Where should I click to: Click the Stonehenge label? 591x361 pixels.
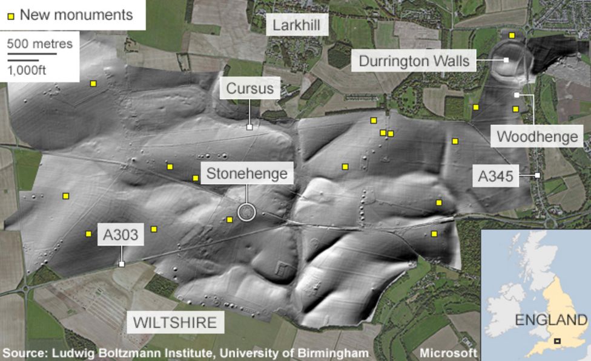246,174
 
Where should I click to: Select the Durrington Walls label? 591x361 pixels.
414,61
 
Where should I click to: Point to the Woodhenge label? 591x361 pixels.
537,137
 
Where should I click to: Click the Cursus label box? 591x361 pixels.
249,89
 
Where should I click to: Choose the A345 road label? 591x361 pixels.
495,176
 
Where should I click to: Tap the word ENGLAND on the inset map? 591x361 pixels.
551,320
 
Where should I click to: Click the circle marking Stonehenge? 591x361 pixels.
246,212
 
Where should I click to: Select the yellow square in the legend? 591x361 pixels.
11,15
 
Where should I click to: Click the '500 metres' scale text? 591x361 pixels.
39,44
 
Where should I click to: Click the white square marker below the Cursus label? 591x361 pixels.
249,127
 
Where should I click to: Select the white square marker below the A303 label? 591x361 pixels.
122,264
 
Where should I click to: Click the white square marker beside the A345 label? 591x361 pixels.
537,175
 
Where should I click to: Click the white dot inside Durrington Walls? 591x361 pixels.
506,60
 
